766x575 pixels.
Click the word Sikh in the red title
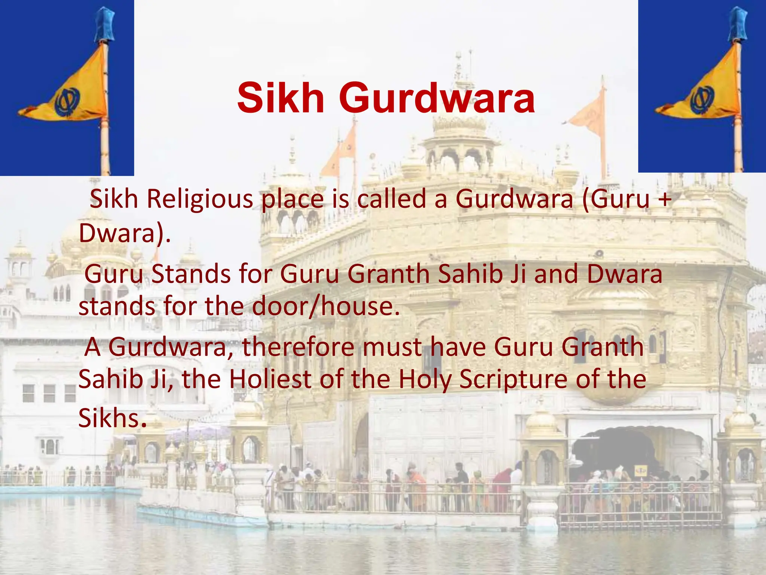(281, 98)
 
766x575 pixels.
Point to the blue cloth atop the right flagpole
(738, 22)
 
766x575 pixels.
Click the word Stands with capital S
(191, 274)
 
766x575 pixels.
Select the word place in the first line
(292, 200)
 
